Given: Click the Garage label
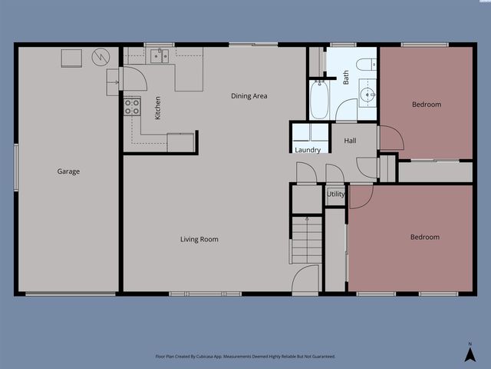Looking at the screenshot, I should click(x=68, y=171).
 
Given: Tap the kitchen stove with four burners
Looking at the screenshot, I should click(x=132, y=106).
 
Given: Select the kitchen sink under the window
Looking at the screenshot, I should click(x=159, y=55).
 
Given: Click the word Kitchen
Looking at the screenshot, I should click(x=158, y=108).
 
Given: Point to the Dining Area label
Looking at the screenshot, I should click(x=249, y=96).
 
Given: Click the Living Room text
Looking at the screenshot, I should click(x=199, y=240).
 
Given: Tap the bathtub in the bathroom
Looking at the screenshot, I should click(x=319, y=100).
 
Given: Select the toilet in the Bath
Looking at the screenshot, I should click(x=365, y=63).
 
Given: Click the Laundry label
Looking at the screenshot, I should click(x=308, y=150).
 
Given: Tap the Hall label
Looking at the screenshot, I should click(x=350, y=141).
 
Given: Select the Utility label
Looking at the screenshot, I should click(x=336, y=194).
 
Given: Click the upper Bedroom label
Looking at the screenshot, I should click(x=427, y=105).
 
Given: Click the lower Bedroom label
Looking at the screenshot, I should click(x=425, y=238).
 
